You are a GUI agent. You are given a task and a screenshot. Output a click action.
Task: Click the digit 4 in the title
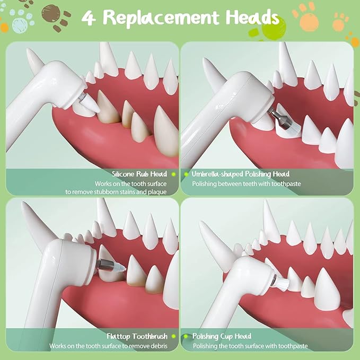click(x=89, y=19)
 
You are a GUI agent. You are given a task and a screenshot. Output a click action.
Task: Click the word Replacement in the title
click(x=161, y=18)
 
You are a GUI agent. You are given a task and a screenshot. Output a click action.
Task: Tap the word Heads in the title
click(x=252, y=16)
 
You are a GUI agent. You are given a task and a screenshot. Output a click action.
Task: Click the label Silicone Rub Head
click(x=139, y=174)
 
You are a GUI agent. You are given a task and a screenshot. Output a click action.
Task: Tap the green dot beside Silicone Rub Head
click(x=173, y=174)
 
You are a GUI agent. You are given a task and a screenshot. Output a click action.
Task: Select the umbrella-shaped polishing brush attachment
click(x=282, y=120)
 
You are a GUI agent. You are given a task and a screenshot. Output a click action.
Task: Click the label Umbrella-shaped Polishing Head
click(x=240, y=174)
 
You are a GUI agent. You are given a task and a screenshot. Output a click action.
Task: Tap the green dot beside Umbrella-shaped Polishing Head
click(x=186, y=174)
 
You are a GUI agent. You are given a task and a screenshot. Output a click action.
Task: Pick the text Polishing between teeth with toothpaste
click(x=247, y=184)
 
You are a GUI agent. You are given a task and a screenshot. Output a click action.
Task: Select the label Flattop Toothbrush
click(x=137, y=336)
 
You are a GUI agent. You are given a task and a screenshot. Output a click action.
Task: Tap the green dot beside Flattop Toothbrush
click(x=173, y=336)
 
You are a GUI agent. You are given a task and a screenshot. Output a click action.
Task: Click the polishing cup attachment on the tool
click(x=281, y=283)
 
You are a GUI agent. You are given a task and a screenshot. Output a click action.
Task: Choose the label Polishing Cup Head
click(x=222, y=336)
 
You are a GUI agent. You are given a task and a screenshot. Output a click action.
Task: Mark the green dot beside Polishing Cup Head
click(x=186, y=336)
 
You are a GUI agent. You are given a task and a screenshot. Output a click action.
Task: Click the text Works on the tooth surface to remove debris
click(x=108, y=346)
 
